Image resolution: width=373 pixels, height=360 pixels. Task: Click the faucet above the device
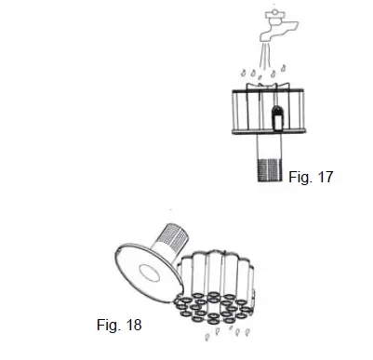pyautogui.click(x=275, y=22)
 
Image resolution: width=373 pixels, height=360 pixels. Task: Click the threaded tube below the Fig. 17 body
pyautogui.click(x=274, y=164)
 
